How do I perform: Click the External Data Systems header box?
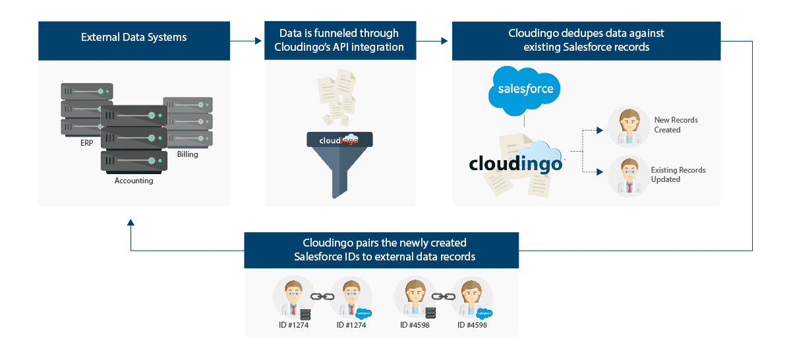coord(134,38)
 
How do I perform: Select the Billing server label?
coord(187,154)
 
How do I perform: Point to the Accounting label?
coord(134,181)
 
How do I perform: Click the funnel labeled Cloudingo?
coord(339,162)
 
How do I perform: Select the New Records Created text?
coord(675,125)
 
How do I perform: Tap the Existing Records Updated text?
coord(678,175)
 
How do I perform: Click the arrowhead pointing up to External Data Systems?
coord(131,224)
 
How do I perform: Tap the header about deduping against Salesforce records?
coord(586,40)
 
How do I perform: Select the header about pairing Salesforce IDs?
coord(381,250)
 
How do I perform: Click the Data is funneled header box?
coord(340,40)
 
